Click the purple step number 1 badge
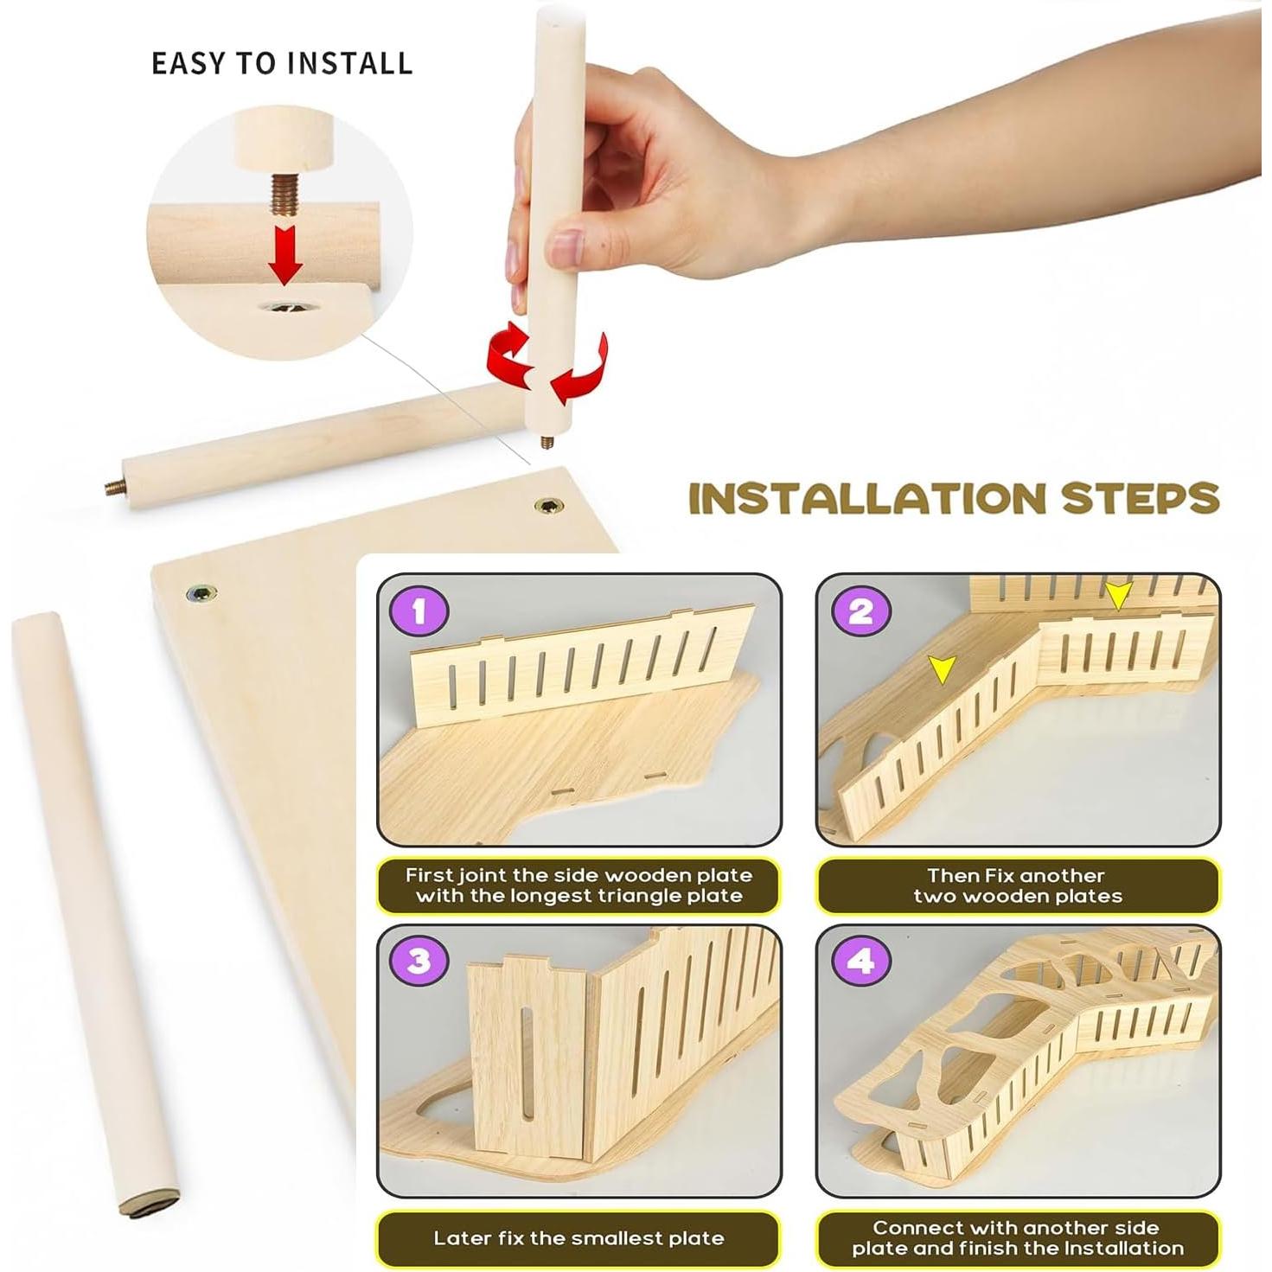419,612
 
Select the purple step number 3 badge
419,961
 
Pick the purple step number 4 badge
860,961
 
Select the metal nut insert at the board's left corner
202,592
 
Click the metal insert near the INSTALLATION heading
547,506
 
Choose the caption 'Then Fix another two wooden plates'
1017,885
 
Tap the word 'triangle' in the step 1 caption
672,896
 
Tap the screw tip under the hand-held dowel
546,442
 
